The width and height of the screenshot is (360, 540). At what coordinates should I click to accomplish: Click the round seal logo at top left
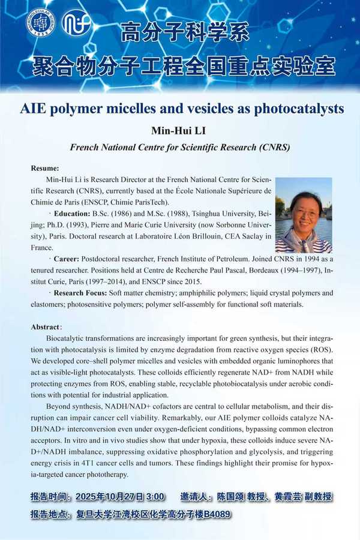(40, 23)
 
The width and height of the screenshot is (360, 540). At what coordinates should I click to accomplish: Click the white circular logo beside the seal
(77, 23)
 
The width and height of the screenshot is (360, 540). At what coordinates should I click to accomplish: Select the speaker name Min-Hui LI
(181, 130)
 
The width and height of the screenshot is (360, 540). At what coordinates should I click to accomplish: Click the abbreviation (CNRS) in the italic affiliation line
(271, 147)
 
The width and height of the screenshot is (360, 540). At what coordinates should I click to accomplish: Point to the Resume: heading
(46, 167)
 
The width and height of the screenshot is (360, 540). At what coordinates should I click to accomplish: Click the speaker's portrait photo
(303, 215)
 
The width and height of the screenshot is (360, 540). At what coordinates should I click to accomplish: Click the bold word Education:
(72, 214)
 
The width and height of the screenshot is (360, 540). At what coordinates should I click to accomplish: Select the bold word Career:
(69, 259)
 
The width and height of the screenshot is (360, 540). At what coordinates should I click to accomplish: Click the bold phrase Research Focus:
(80, 293)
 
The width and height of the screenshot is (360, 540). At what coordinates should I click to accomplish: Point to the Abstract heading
(46, 327)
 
